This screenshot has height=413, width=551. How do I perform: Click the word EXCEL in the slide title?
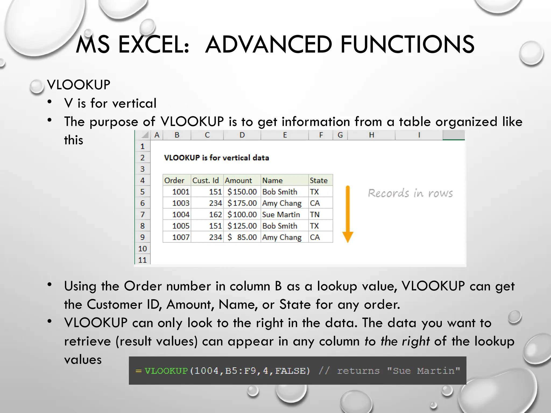[x=154, y=44]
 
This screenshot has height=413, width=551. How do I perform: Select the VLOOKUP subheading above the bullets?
[x=79, y=85]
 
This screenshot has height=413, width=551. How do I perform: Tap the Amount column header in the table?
[x=238, y=180]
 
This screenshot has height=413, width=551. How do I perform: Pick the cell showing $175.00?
[x=242, y=203]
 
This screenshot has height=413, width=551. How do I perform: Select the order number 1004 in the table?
[x=181, y=215]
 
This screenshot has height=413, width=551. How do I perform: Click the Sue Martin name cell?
[x=281, y=215]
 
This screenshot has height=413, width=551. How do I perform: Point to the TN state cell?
[x=315, y=215]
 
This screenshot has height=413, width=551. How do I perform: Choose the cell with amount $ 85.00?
[x=242, y=237]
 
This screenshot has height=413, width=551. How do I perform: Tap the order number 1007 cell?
[x=181, y=237]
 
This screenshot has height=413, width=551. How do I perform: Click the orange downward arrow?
[x=348, y=214]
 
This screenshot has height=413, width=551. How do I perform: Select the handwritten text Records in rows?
[x=410, y=193]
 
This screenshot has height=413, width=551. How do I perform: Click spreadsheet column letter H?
[x=371, y=135]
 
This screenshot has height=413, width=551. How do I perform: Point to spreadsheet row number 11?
[x=142, y=260]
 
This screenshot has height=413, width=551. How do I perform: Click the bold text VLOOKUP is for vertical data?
[x=216, y=158]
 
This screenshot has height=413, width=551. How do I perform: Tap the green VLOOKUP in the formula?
[x=166, y=371]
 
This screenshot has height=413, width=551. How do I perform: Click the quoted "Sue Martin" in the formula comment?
[x=423, y=371]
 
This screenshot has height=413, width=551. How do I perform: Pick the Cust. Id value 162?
[x=216, y=215]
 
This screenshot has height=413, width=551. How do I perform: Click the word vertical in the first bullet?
[x=134, y=103]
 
